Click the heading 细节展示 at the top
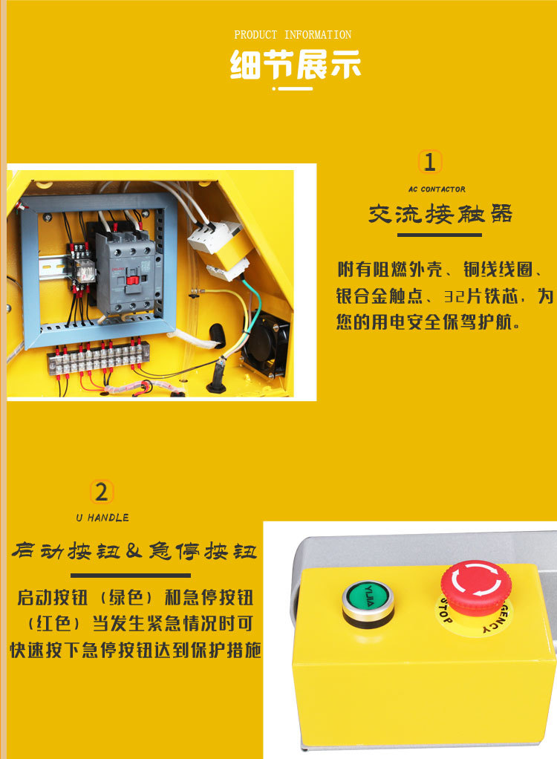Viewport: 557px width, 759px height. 295,65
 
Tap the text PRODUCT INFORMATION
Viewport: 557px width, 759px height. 293,35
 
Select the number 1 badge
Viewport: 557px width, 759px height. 429,162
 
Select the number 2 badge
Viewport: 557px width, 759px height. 102,492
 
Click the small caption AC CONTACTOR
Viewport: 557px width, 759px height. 437,189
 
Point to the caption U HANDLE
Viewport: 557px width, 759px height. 102,518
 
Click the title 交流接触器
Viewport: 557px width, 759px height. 440,215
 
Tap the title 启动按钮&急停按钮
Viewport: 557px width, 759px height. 136,552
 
